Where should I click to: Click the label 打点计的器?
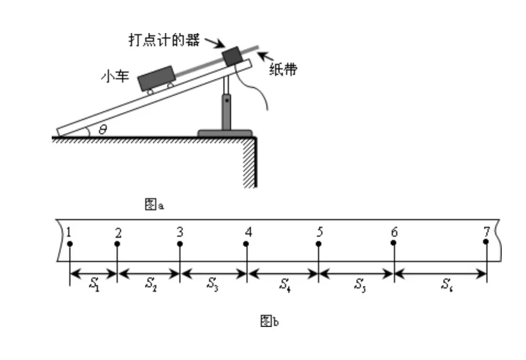tap(163, 41)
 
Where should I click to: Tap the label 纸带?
tap(283, 70)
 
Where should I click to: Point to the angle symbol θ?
tap(102, 130)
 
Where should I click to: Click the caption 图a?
tap(155, 205)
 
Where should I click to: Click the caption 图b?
tap(270, 321)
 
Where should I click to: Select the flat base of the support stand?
tap(225, 133)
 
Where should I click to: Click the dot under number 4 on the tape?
tap(247, 244)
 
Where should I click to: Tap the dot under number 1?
tap(70, 244)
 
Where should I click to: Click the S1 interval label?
tap(94, 284)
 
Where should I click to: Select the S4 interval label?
tap(284, 284)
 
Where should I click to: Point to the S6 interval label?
tap(447, 284)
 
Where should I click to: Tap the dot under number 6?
tap(394, 244)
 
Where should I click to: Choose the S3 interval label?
tap(213, 284)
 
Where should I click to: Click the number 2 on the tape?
tap(118, 232)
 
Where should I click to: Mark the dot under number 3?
tap(180, 244)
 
